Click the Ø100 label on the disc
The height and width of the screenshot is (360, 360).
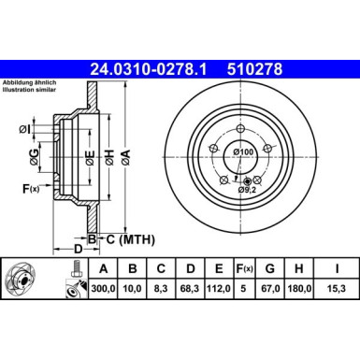[x=243, y=151]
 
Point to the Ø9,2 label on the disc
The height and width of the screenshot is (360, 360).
[x=247, y=190]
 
